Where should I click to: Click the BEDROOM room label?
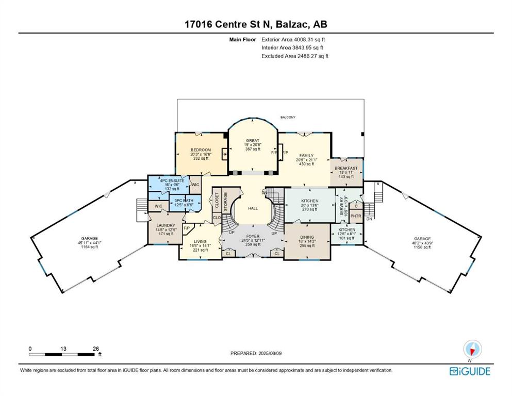201,150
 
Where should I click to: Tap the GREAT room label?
252,140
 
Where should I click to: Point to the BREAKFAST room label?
346,168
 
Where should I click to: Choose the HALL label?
253,208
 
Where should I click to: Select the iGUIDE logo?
470,371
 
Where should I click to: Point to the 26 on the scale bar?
96,349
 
